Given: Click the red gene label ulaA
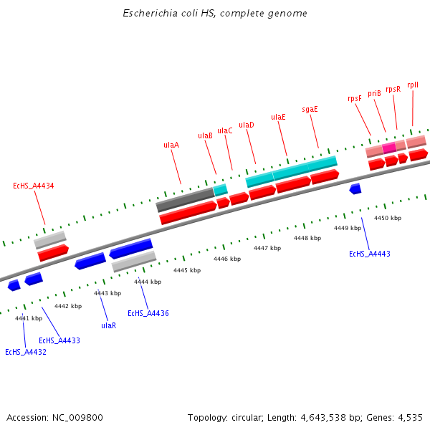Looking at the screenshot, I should [171, 145].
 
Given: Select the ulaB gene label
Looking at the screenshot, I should [205, 135].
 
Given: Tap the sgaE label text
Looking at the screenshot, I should [310, 110].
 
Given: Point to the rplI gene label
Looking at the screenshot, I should [413, 85].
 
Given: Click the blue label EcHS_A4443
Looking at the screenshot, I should [369, 254].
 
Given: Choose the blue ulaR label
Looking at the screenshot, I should [108, 325].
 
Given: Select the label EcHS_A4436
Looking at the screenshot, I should [148, 314].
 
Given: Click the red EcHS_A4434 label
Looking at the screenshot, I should [34, 186].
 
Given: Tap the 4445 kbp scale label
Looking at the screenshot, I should [187, 270].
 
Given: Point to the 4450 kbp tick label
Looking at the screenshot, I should [388, 218].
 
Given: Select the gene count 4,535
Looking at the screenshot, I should [409, 417].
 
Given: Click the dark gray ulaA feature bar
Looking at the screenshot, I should [185, 199].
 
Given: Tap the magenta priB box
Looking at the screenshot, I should [388, 148].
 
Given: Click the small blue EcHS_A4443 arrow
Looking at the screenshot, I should [355, 188].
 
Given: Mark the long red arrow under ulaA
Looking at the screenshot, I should [188, 213].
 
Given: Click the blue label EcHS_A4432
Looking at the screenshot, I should [25, 352].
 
